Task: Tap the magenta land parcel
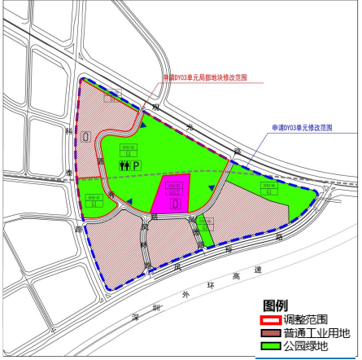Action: coord(172,193)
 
